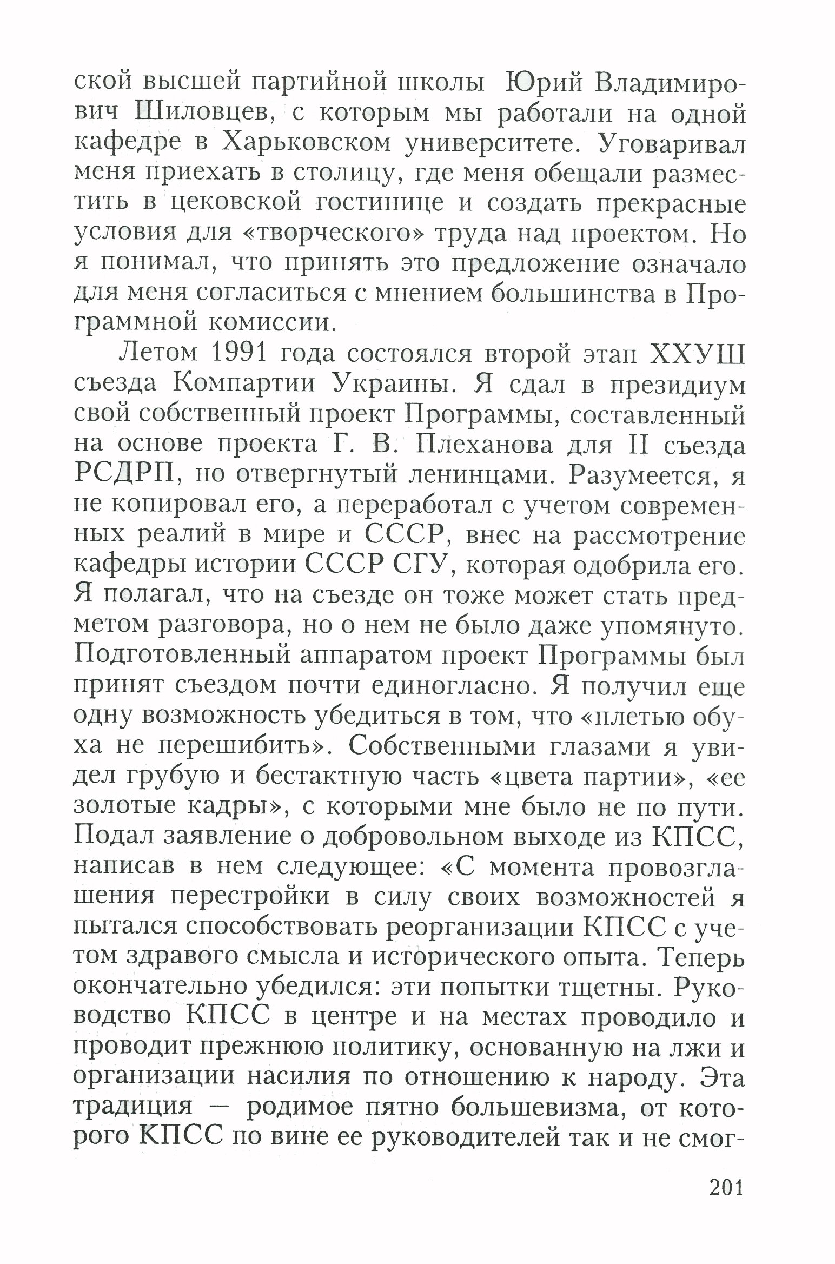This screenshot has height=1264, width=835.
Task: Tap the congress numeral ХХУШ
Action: [x=697, y=354]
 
